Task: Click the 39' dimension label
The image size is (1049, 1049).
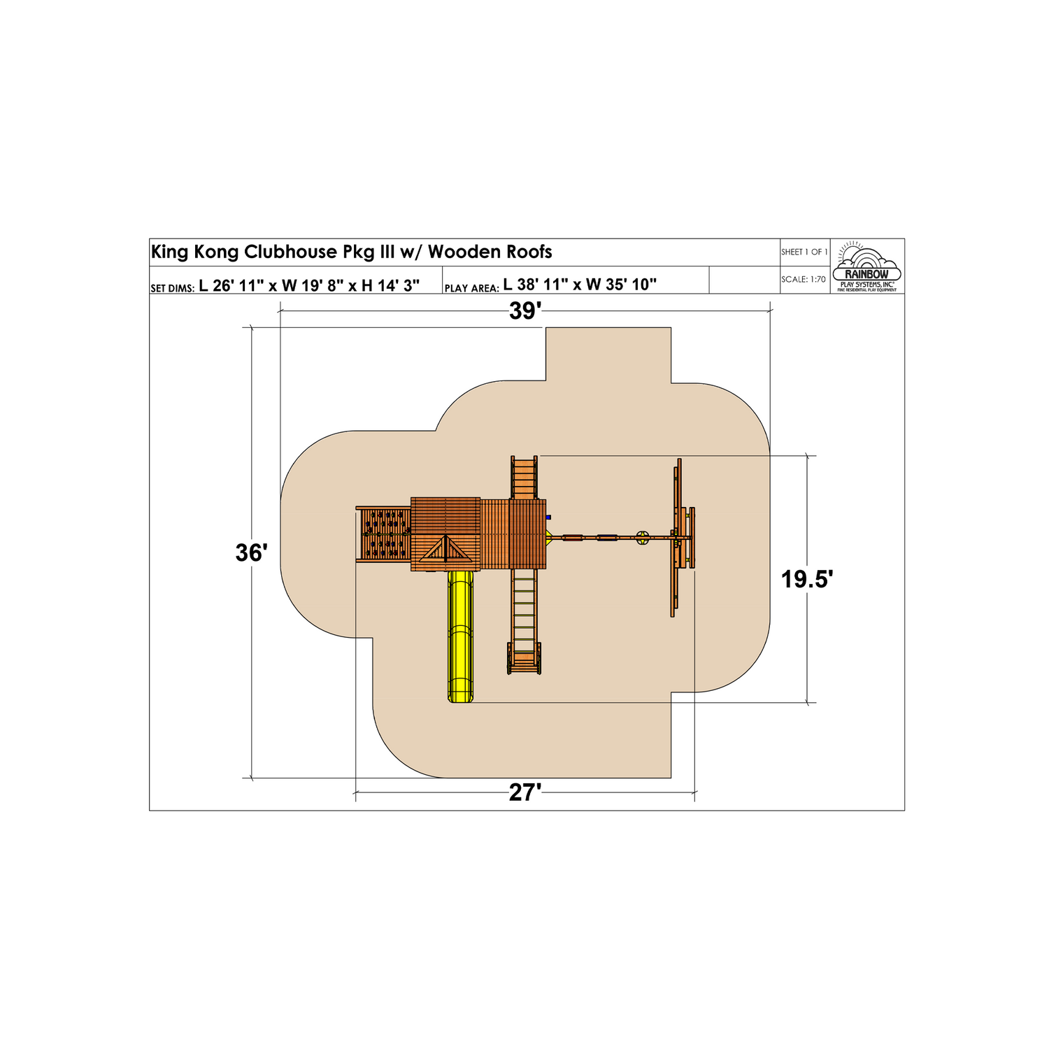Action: (x=525, y=311)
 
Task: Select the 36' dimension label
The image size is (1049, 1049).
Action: (x=251, y=553)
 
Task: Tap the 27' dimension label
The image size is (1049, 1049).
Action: (x=525, y=793)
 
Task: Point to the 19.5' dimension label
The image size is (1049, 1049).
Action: (x=807, y=580)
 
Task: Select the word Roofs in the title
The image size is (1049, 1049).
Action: (x=529, y=252)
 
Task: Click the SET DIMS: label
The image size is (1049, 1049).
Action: (x=172, y=288)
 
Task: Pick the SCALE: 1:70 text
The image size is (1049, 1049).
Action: (x=804, y=280)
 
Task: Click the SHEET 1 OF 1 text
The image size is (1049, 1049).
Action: (x=804, y=252)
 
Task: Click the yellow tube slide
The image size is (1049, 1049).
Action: (x=460, y=636)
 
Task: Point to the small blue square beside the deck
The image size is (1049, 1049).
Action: (x=549, y=518)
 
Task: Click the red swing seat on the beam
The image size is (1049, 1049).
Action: (x=572, y=538)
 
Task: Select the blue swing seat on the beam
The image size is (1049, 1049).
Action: (x=607, y=538)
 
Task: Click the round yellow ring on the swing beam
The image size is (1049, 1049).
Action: (x=643, y=538)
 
